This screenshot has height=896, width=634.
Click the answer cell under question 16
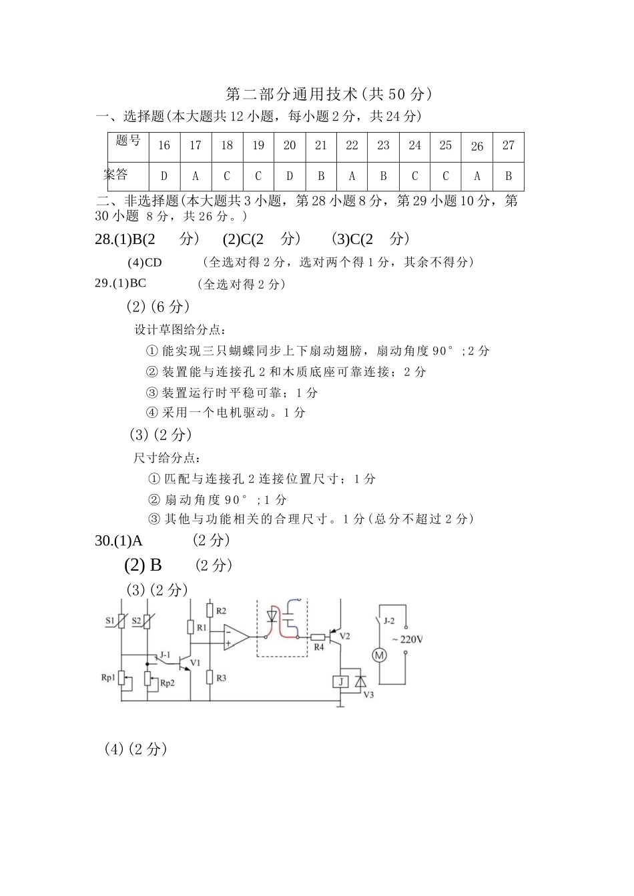pos(164,177)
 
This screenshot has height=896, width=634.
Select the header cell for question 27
pos(509,145)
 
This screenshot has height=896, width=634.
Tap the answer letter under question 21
pos(321,177)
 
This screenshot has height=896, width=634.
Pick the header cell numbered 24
pos(415,145)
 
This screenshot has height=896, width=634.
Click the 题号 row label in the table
pos(128,141)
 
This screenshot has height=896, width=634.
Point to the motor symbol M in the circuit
pos(379,655)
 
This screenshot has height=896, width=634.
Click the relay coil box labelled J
pos(340,681)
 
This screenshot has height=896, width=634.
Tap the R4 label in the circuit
pos(318,647)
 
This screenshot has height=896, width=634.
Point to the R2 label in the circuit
pos(222,611)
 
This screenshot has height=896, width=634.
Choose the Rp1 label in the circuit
pos(108,677)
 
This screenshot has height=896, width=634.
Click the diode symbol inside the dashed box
pos(272,615)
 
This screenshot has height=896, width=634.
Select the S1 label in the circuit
pos(110,621)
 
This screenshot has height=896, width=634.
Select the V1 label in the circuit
pos(195,663)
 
